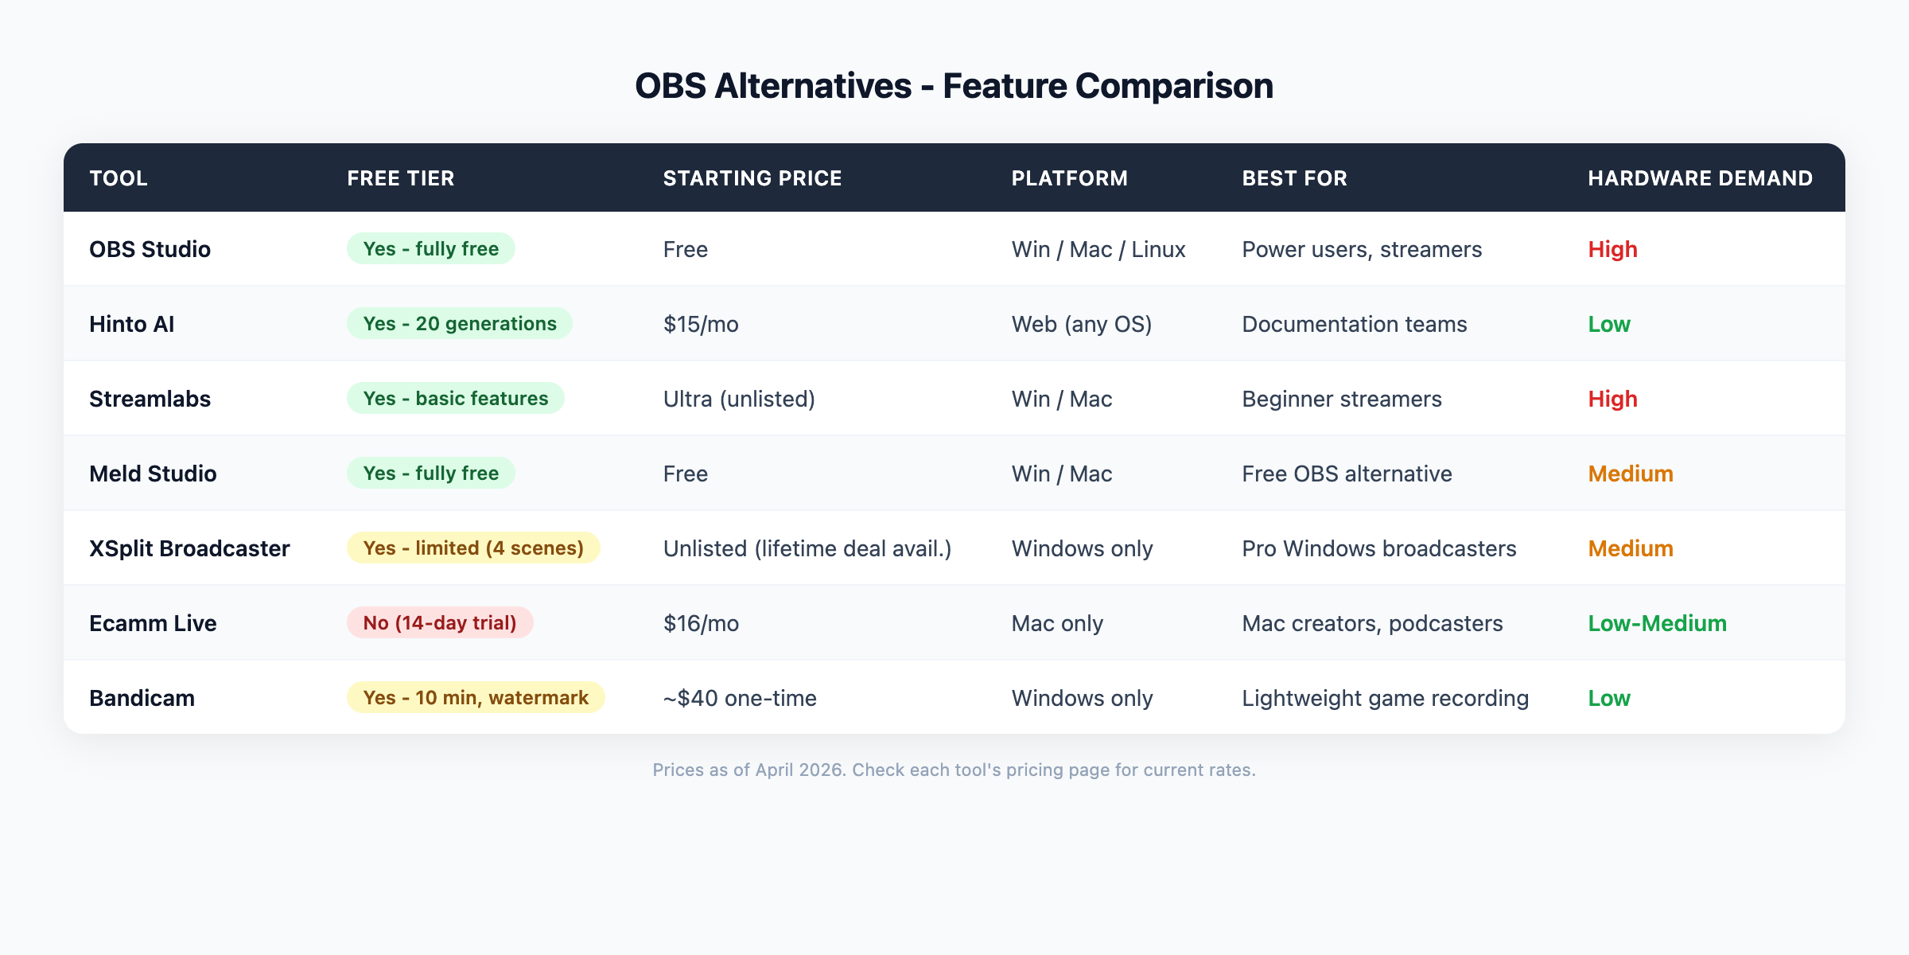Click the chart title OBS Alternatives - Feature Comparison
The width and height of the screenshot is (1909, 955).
[954, 86]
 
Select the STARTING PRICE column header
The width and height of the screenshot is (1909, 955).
[752, 178]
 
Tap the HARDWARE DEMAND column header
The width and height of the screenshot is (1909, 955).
[1700, 178]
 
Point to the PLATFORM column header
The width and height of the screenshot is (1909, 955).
[1069, 178]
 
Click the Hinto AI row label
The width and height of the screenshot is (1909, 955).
[131, 324]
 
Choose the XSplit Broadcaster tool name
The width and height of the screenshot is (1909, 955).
[189, 548]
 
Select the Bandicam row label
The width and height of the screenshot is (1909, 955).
[142, 698]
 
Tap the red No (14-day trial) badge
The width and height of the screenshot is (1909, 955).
[440, 622]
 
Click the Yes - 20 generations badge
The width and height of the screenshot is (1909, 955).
[459, 323]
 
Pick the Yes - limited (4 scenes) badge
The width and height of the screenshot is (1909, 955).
[473, 548]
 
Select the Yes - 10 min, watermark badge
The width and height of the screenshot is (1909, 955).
[476, 697]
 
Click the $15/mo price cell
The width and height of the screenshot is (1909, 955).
[701, 324]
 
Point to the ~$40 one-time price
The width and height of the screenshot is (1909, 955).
[740, 698]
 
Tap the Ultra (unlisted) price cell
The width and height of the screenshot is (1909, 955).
[739, 399]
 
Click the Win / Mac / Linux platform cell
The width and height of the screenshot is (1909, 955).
[1098, 249]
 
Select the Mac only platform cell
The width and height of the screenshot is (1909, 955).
[1057, 623]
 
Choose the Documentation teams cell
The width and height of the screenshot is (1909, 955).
[1354, 324]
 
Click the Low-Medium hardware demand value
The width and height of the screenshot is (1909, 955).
[1657, 623]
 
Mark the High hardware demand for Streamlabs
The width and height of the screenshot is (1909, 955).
[1612, 399]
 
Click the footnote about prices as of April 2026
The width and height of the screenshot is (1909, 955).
[954, 770]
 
